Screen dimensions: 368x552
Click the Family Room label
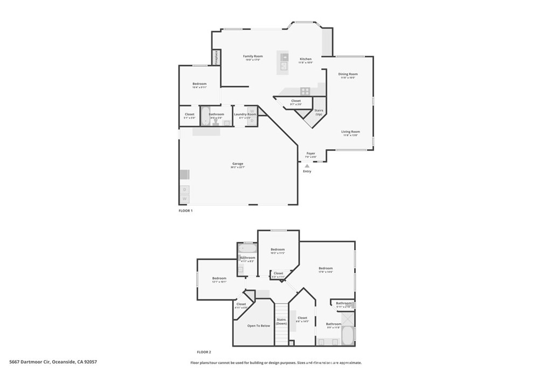tap(252, 56)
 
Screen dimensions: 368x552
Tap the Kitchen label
tap(306, 59)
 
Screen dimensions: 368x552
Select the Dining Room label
tap(348, 74)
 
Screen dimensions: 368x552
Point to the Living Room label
tap(350, 131)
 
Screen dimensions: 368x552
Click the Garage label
tap(238, 163)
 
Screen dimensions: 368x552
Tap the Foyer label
tap(310, 153)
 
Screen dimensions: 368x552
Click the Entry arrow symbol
tap(307, 166)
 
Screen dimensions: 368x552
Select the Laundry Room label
tap(244, 114)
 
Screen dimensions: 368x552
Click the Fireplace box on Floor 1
tap(216, 57)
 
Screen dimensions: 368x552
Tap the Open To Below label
tap(258, 325)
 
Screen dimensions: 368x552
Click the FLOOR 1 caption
tap(185, 211)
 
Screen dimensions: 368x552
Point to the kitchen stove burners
tap(305, 91)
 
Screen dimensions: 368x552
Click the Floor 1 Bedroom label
tap(199, 84)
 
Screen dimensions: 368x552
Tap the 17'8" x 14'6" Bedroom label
tap(326, 268)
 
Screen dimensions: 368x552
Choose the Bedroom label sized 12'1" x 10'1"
tap(219, 278)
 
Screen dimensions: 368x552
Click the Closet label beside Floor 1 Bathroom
tap(189, 114)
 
